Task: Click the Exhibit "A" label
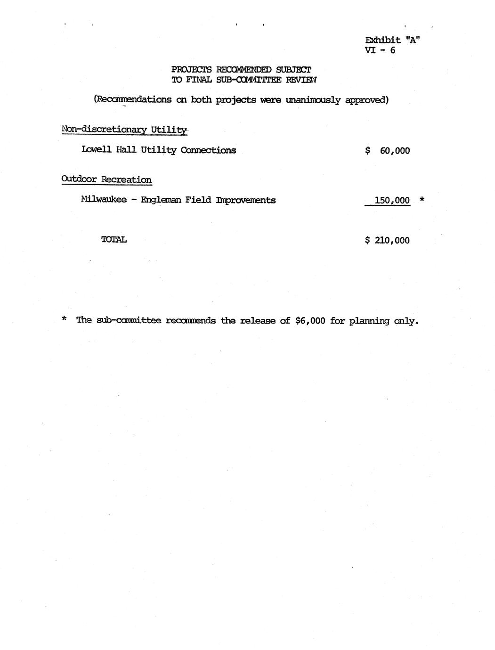(x=392, y=40)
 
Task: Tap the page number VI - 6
(x=380, y=50)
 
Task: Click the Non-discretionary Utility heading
(x=124, y=130)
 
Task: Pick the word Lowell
(x=97, y=150)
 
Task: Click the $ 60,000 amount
(x=388, y=151)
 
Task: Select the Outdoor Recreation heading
(x=106, y=179)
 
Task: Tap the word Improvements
(x=246, y=200)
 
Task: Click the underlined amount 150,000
(x=392, y=200)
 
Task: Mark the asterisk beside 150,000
(x=422, y=199)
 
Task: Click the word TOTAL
(x=114, y=239)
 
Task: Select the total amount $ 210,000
(x=387, y=240)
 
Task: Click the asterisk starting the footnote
(x=64, y=319)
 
